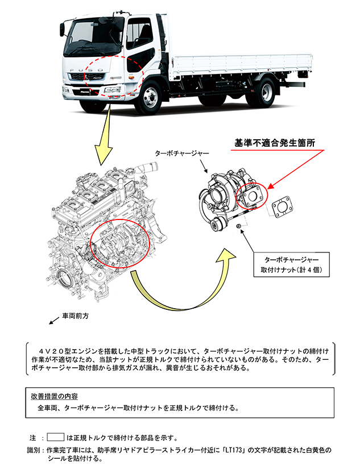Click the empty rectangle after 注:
tap(55, 437)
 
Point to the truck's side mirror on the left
tap(62, 28)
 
